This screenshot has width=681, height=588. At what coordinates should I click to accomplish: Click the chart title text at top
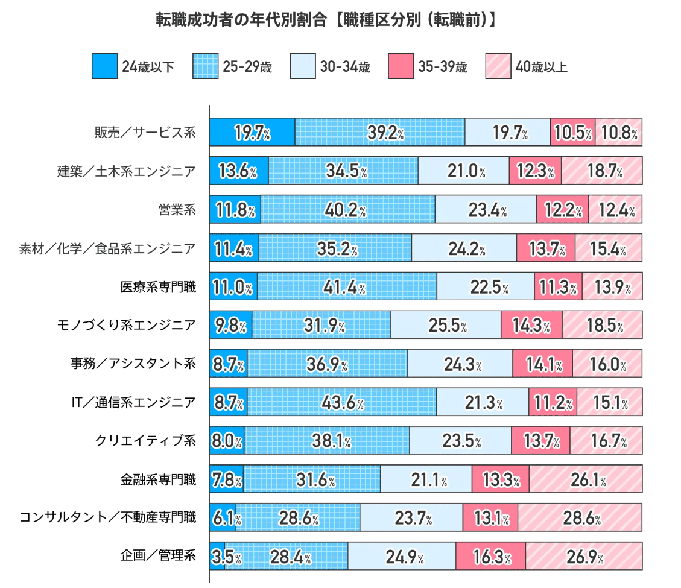click(326, 20)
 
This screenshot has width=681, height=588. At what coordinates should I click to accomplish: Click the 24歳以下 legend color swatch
click(104, 66)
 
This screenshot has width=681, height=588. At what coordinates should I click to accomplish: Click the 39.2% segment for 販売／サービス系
click(380, 133)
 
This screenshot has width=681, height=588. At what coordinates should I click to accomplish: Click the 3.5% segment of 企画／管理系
click(217, 557)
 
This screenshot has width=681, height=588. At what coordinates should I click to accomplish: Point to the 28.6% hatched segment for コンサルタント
click(579, 518)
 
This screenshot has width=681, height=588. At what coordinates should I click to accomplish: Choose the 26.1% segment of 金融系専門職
click(585, 479)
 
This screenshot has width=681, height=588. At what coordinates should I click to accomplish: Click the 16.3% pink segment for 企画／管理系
click(490, 557)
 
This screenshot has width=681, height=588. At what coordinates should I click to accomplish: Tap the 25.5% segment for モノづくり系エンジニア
click(446, 326)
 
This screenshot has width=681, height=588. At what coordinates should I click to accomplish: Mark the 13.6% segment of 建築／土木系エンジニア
click(239, 171)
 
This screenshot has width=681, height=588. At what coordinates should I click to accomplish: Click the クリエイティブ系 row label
click(145, 441)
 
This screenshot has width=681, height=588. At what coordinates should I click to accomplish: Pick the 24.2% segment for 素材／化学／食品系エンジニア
click(464, 248)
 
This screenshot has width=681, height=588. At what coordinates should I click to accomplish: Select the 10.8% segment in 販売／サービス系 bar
click(618, 133)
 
